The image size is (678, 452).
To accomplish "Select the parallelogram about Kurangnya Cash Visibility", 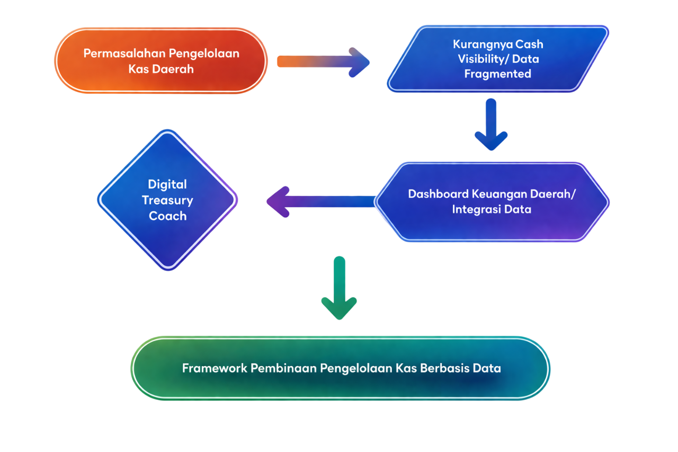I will [x=498, y=59].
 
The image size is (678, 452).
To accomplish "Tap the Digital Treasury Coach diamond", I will [x=167, y=200].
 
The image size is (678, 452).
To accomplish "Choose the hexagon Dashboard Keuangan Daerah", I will [x=492, y=201].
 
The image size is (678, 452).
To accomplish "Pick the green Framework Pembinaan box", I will [x=341, y=368].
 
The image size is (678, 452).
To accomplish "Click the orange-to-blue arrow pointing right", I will [x=323, y=62].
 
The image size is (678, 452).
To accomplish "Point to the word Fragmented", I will [x=497, y=74].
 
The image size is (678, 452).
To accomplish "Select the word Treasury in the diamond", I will [x=167, y=200].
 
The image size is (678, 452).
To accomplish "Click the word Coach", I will [x=167, y=216].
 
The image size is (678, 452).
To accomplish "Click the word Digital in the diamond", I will [x=167, y=184].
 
